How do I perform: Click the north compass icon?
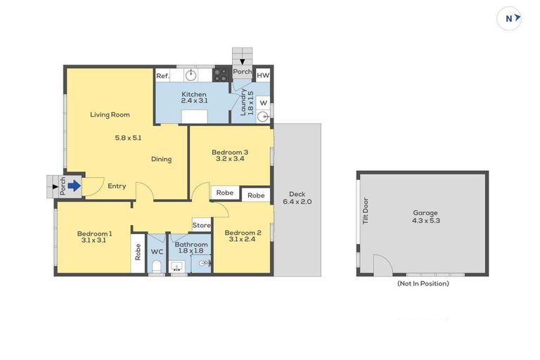[x=509, y=19]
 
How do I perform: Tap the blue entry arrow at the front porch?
[x=74, y=186]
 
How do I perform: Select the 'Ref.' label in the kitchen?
[x=162, y=76]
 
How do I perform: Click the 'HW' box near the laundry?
[x=262, y=76]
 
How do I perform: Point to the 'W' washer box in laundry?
[x=262, y=103]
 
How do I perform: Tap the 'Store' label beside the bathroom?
[x=201, y=226]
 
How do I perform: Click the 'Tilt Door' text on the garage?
[x=365, y=210]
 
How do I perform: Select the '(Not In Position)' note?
[x=423, y=283]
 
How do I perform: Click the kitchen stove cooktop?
[x=221, y=74]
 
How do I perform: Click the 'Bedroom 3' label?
[x=229, y=151]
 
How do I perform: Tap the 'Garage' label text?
[x=425, y=212]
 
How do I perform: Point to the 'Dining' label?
[x=161, y=159]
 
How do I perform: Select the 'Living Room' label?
[x=110, y=115]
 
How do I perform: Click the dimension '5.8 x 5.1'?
[x=128, y=138]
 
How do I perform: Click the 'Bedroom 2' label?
[x=243, y=233]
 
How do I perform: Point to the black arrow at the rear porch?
[x=242, y=63]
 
